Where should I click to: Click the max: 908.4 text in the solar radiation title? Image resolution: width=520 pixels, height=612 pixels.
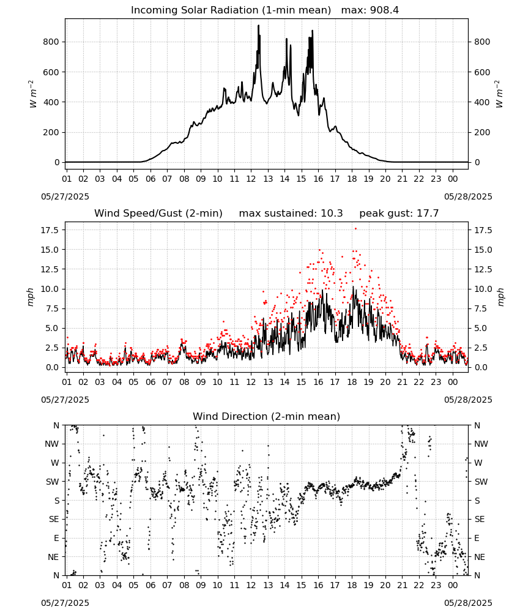pos(370,10)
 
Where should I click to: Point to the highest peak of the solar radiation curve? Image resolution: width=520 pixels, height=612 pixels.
pos(258,26)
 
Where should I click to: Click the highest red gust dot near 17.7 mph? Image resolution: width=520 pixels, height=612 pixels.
pos(355,229)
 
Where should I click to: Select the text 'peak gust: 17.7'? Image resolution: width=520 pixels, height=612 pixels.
pos(399,213)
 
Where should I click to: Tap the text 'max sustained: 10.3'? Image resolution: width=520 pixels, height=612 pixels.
pos(291,213)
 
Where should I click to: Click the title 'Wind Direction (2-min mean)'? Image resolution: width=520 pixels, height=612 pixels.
pos(267,416)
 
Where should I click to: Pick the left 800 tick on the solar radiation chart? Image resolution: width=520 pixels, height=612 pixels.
pos(51,42)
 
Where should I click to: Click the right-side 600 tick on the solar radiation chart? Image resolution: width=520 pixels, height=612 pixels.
pos(482,72)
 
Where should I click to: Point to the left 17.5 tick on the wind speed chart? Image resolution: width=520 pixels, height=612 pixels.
pos(50,230)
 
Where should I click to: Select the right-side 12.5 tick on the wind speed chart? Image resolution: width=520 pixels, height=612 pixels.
pos(483,269)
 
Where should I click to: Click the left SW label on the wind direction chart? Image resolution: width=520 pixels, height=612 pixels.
pos(53,482)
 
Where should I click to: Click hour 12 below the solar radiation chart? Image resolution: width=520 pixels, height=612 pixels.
pos(251,179)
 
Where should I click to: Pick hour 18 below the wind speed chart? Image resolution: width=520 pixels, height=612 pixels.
pos(352,382)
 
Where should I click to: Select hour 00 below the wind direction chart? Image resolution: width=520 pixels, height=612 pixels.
pos(453,585)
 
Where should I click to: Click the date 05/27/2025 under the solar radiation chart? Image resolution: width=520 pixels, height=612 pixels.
pos(65,196)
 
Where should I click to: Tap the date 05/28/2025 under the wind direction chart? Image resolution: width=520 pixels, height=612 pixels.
pos(468,603)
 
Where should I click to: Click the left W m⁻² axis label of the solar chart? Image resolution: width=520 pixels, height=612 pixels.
pos(32,94)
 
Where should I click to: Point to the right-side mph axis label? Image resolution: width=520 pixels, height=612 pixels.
pos(501,297)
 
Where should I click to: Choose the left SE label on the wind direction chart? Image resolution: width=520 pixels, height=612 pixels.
pos(54,519)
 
